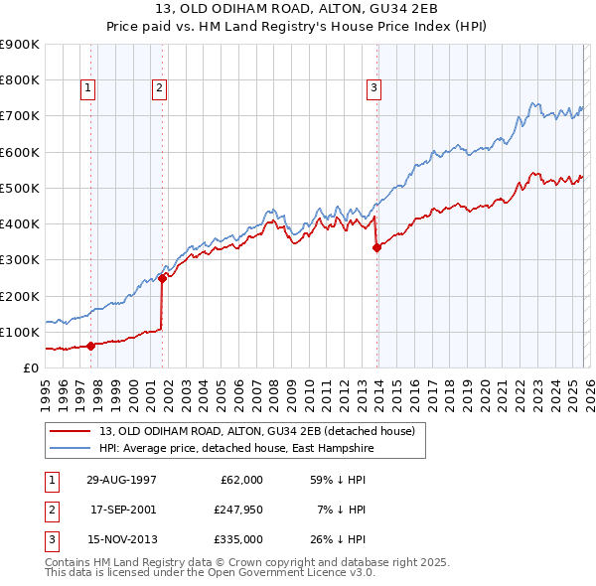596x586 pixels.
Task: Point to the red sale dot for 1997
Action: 91,346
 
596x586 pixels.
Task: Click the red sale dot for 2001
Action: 162,279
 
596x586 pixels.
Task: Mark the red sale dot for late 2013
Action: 376,248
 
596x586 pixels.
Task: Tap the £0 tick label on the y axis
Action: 30,367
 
